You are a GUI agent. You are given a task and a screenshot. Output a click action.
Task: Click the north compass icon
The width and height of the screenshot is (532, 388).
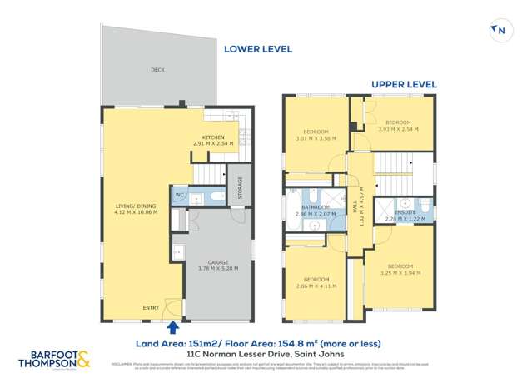pos(499,31)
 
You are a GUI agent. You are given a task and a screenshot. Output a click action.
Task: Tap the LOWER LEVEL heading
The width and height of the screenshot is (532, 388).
pos(258,49)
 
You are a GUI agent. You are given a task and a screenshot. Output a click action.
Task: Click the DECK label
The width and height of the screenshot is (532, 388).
pos(157,70)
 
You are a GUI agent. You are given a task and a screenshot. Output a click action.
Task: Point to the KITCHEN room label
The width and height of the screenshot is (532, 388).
pos(215,137)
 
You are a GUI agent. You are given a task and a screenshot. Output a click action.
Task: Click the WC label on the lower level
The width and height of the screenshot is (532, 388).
pos(179,196)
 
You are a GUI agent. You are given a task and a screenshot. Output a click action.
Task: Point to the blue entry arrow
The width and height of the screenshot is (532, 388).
pos(173,329)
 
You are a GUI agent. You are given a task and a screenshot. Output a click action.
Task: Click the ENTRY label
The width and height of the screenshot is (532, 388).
pos(151,308)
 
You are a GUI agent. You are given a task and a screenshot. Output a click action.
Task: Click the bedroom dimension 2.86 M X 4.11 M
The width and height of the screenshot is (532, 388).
pos(315,285)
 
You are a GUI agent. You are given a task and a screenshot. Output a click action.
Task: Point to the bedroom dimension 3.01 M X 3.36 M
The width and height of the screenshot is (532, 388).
pos(315,138)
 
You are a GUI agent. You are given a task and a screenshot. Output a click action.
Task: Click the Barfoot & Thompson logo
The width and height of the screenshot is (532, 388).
pos(54,361)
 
